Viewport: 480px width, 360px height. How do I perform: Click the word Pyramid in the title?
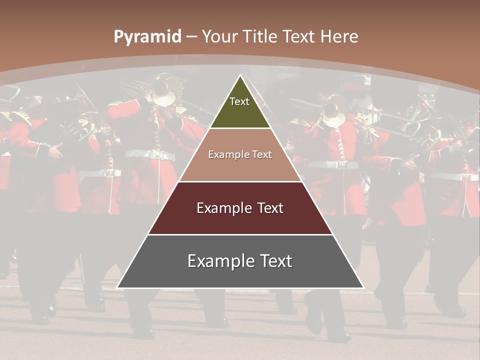point(147,37)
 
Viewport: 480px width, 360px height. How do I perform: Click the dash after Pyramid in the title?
point(191,37)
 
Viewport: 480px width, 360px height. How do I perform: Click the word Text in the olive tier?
point(239,101)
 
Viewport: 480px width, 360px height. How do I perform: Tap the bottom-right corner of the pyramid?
point(363,287)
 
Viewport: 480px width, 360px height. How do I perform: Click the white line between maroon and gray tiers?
point(240,234)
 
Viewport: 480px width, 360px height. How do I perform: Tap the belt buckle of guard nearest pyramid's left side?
point(159,155)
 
